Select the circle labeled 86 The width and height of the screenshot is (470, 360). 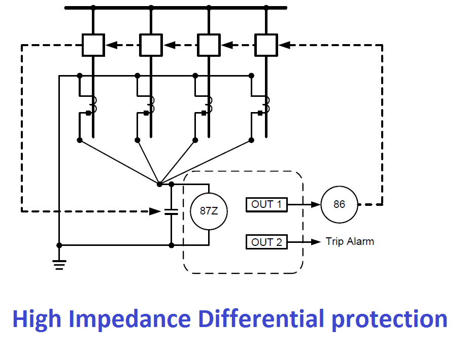(x=339, y=204)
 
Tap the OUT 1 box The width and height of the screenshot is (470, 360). (x=266, y=204)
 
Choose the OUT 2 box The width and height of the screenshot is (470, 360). (x=266, y=242)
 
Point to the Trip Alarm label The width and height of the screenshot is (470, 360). (x=350, y=241)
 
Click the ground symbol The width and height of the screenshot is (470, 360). (x=59, y=264)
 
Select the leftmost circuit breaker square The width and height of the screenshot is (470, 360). (x=93, y=45)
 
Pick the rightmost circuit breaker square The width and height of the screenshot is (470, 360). (x=266, y=45)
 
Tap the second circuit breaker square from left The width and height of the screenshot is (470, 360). (x=151, y=45)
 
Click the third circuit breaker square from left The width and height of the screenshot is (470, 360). (x=209, y=45)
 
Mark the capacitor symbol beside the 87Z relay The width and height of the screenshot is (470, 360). (x=172, y=211)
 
